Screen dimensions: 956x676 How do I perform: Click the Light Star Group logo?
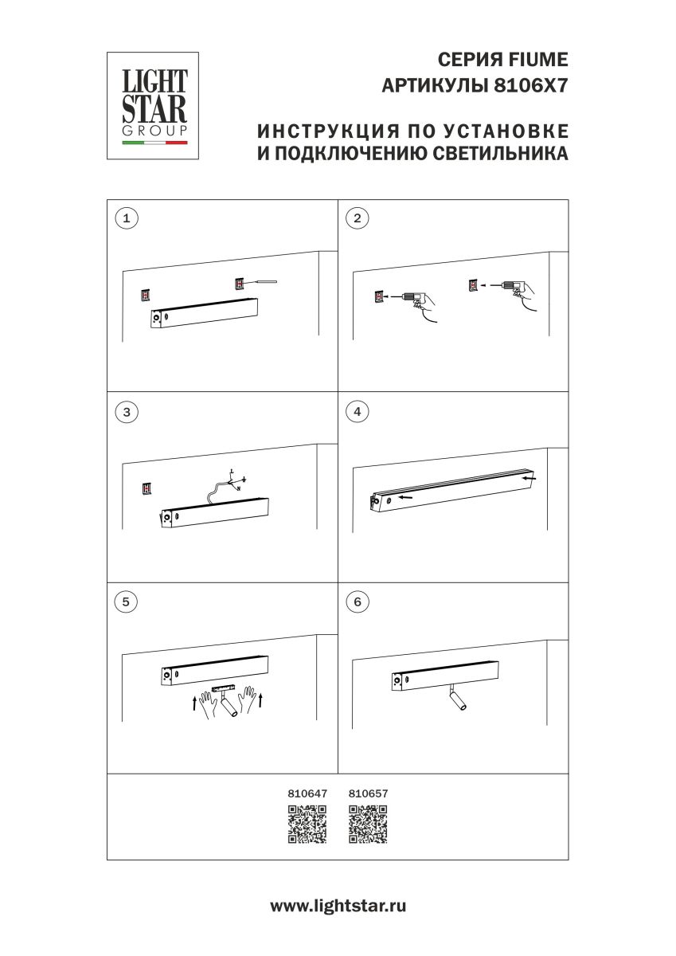(153, 105)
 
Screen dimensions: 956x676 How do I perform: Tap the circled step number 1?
(126, 217)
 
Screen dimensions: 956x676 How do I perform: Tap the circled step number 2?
(358, 217)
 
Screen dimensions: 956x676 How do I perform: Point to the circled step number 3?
(126, 412)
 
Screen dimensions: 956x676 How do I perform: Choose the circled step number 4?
(358, 412)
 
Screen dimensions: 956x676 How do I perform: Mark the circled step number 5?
(126, 601)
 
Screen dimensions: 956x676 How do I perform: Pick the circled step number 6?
(358, 601)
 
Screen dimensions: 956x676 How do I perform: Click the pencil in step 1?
(261, 282)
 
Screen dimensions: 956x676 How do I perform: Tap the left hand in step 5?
(211, 703)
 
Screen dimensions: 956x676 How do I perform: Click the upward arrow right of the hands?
(260, 701)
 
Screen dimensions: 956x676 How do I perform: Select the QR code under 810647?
(307, 824)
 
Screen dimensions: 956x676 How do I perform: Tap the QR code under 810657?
(368, 824)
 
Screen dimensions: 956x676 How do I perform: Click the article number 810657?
(368, 793)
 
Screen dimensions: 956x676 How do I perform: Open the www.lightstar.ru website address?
(338, 906)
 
